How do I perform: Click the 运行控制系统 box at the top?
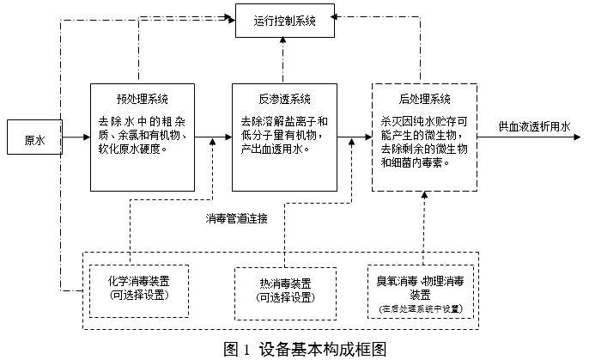(284, 21)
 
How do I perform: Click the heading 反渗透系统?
(284, 98)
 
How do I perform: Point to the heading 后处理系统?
(424, 98)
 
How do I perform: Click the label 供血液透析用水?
(535, 126)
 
